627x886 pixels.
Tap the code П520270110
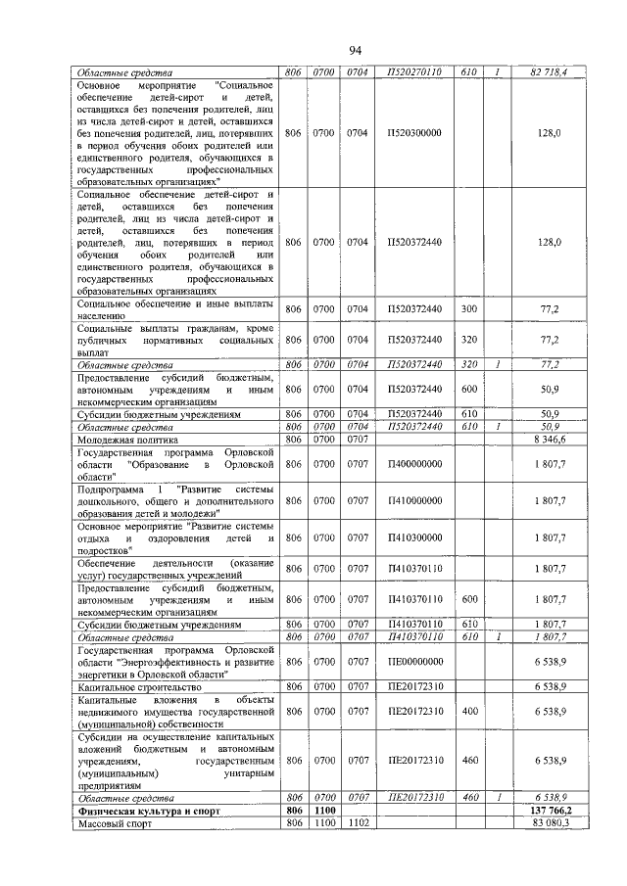(x=414, y=72)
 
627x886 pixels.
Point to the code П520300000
(x=414, y=133)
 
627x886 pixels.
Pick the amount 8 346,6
(x=550, y=441)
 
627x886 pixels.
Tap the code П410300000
(x=414, y=536)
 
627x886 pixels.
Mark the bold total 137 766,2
(x=549, y=812)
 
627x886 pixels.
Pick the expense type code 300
(x=468, y=309)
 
